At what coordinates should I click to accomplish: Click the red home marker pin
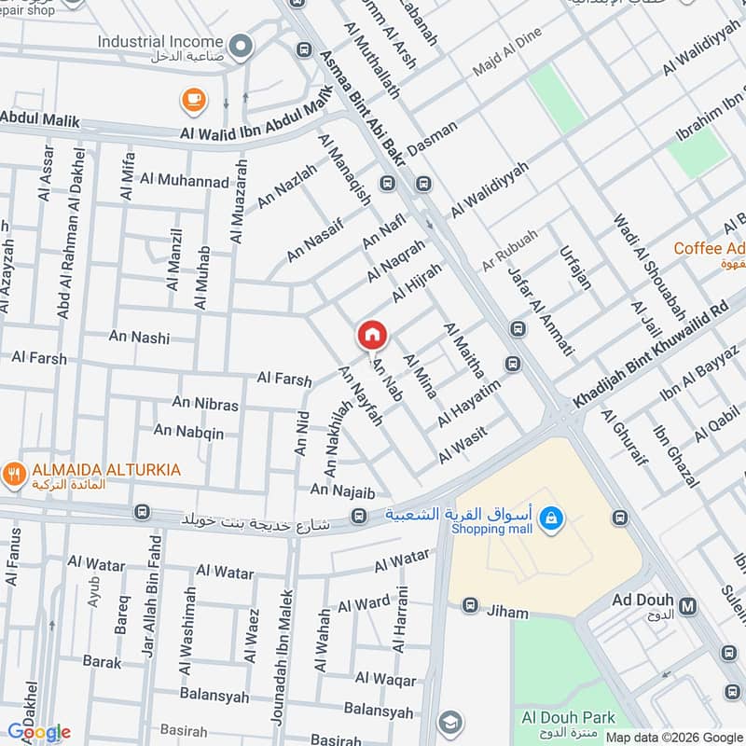372,335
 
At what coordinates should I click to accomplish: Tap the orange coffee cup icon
193,99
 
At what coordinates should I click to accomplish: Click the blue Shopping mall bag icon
551,517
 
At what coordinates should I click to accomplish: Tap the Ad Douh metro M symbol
689,606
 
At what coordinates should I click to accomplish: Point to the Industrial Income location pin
241,44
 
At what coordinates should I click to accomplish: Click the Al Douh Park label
568,717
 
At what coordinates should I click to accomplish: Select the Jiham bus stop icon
471,606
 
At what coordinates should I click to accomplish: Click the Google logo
38,732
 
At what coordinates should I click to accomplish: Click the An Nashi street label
139,338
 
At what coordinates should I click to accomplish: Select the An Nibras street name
205,405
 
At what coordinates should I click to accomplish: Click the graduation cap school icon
450,721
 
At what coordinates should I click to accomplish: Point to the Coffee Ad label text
710,248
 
